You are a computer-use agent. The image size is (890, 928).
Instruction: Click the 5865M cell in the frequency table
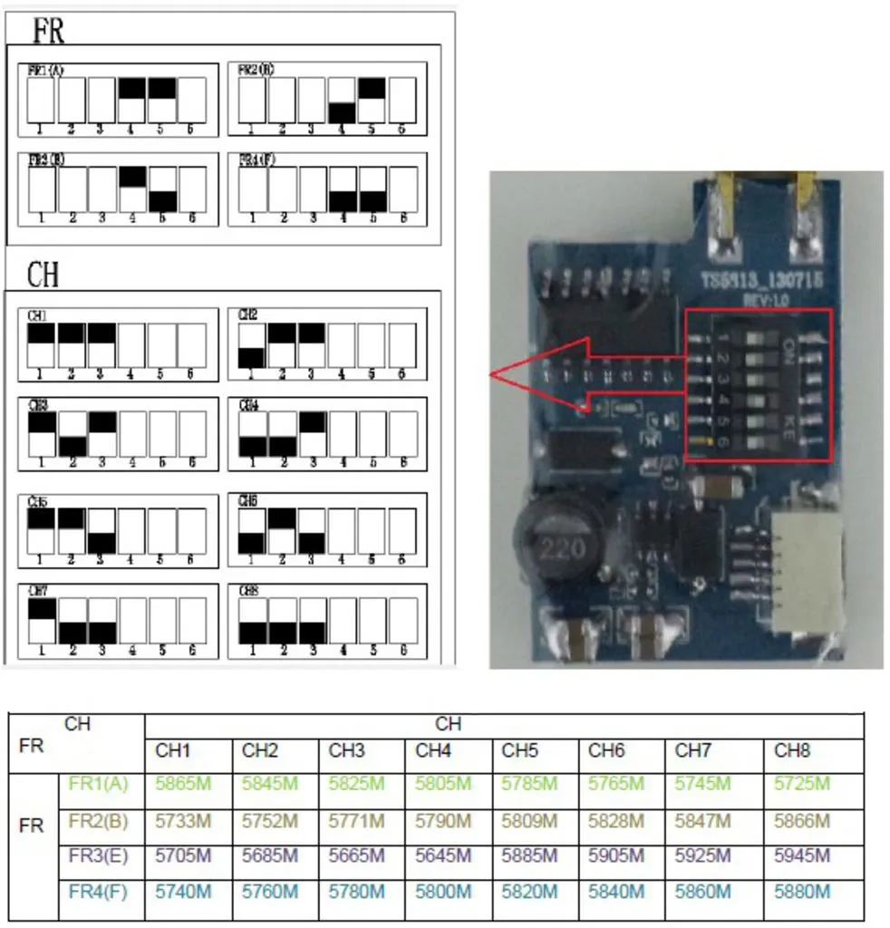tap(183, 783)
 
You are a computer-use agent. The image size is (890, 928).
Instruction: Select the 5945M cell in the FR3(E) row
tap(802, 855)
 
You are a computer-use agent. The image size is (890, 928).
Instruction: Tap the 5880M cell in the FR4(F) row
tap(802, 891)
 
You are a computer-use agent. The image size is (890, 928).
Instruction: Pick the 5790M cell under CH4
tap(443, 821)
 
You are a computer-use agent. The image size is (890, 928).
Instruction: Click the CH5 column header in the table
tap(519, 750)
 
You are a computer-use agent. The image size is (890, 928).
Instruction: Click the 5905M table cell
tap(616, 855)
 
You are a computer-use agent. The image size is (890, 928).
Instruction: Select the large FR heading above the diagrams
tap(49, 31)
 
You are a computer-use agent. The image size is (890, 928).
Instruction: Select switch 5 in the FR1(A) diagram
tap(161, 100)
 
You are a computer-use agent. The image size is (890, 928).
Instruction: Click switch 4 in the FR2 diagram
tap(341, 100)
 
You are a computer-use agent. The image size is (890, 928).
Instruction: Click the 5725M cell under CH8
tap(802, 783)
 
